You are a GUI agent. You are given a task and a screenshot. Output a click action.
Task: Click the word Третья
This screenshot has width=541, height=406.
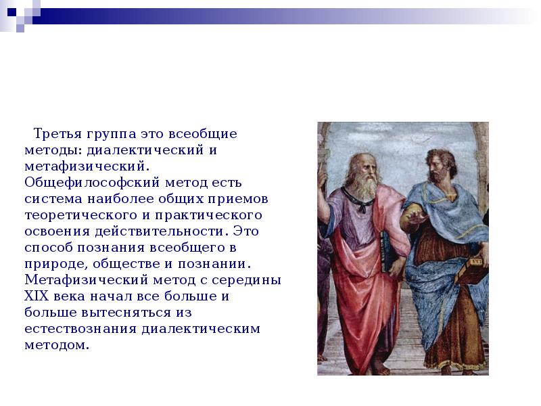[57, 133]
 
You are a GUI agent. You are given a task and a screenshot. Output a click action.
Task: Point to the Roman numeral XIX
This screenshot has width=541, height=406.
[37, 296]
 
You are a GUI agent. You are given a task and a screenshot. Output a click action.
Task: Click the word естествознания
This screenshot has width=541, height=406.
[80, 329]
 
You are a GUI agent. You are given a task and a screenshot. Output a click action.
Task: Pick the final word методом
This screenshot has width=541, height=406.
[57, 345]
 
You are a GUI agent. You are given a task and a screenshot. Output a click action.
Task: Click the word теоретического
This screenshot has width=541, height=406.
[80, 215]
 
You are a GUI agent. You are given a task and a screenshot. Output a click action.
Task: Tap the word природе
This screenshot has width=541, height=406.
[56, 265]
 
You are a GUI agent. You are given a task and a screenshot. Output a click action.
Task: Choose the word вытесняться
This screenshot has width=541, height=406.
[126, 313]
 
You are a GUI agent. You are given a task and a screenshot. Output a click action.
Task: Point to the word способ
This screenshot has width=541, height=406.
[48, 248]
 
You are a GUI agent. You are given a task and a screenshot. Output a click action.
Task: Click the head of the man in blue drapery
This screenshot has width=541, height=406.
[440, 165]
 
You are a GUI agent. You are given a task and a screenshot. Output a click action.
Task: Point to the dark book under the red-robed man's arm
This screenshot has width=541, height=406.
[386, 251]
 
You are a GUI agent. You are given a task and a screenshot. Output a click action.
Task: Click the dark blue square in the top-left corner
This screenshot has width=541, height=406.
[11, 12]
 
